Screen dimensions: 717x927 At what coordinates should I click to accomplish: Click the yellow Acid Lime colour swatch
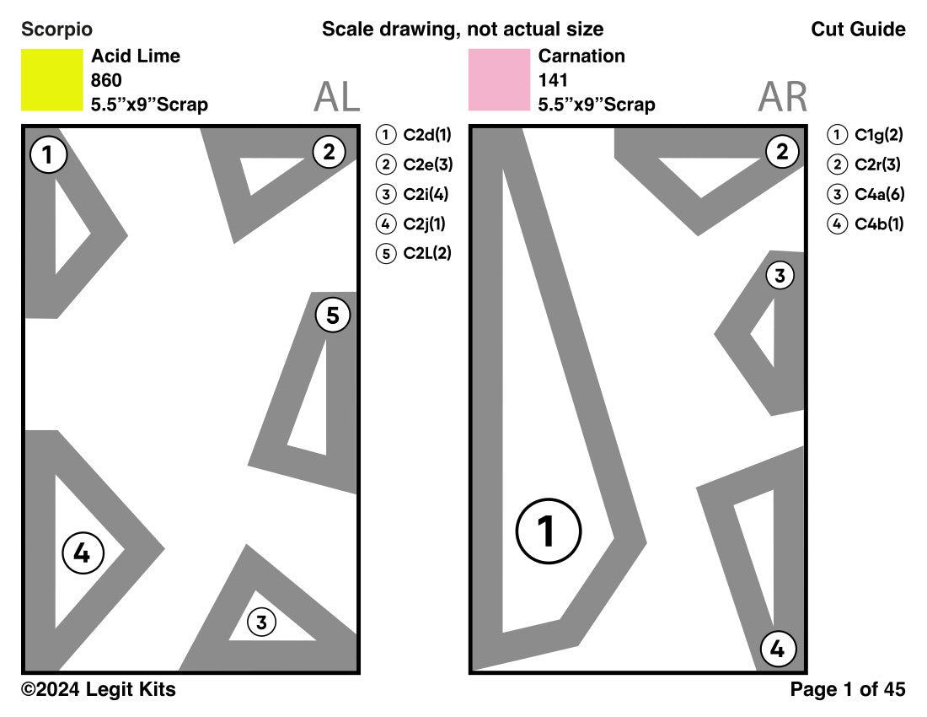point(51,79)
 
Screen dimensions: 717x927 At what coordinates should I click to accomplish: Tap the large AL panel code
point(336,98)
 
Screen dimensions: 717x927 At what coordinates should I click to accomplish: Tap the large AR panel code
point(782,98)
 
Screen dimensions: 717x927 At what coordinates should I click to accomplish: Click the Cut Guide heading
point(858,30)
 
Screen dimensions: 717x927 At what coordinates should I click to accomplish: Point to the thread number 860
point(106,81)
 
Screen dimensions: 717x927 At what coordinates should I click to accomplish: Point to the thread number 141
point(553,81)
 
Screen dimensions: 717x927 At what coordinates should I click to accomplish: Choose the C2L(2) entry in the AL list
point(415,254)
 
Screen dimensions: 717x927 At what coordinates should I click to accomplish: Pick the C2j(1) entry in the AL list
point(413,224)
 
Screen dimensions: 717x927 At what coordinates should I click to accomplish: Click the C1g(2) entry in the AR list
point(866,134)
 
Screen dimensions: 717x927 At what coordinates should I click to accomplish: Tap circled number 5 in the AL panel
point(333,315)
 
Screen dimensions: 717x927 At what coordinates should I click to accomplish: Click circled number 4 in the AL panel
point(83,553)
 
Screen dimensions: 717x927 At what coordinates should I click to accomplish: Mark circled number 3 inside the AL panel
point(262,623)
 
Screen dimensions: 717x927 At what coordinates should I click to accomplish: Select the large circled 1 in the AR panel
point(548,531)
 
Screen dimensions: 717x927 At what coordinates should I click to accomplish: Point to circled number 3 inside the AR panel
point(780,275)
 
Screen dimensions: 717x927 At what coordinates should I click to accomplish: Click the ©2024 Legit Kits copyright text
point(99,689)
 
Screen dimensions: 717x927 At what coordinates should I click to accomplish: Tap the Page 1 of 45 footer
point(848,689)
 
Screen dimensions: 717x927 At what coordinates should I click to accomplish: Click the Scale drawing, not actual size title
point(463,30)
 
